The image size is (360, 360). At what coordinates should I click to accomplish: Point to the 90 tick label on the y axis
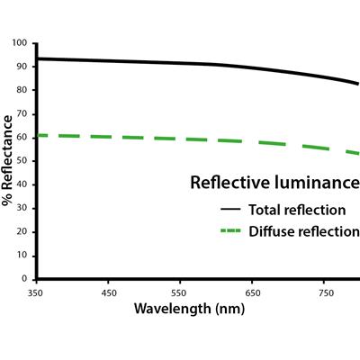click(22, 67)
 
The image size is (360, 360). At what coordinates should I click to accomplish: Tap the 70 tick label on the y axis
click(22, 113)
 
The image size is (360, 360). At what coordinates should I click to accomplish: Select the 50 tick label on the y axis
click(22, 161)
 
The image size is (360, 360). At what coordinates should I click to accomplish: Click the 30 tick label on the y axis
click(22, 208)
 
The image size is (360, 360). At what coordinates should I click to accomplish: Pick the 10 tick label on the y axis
click(22, 256)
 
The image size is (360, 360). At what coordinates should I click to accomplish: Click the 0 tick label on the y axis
click(24, 279)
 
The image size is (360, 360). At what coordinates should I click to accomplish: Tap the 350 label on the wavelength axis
click(36, 292)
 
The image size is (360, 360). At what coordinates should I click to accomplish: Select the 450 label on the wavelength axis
click(108, 292)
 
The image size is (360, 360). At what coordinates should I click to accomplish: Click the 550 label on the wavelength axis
click(181, 292)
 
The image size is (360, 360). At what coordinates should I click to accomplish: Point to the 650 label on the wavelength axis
click(253, 292)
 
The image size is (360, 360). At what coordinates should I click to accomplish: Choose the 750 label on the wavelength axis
click(325, 292)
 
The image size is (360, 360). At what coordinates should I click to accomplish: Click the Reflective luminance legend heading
click(274, 183)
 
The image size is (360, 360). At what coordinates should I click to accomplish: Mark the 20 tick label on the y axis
click(22, 232)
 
